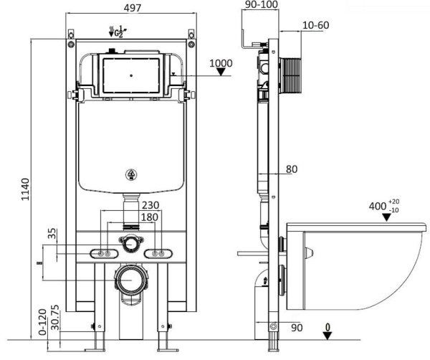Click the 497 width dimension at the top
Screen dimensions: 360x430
(x=130, y=8)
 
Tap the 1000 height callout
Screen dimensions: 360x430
(x=221, y=64)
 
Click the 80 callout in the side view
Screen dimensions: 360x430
(x=292, y=169)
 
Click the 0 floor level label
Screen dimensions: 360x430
(x=328, y=328)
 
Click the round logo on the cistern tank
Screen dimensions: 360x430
(x=131, y=173)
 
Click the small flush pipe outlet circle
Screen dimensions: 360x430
(x=130, y=243)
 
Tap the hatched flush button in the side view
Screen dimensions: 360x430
(x=288, y=73)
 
